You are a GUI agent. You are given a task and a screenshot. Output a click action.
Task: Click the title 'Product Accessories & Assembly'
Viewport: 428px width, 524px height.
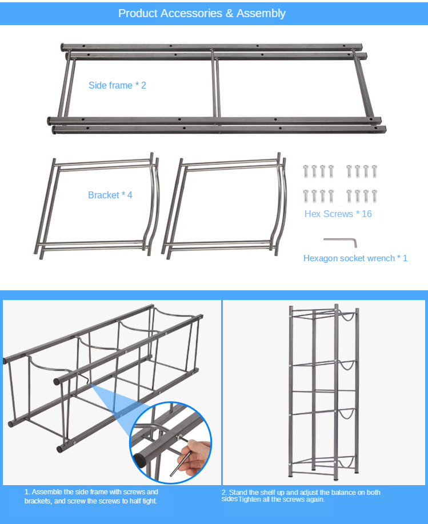202,13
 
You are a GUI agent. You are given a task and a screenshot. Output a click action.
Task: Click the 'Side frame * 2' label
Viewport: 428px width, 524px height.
117,85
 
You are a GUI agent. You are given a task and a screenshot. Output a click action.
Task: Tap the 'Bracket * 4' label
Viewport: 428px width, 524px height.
110,195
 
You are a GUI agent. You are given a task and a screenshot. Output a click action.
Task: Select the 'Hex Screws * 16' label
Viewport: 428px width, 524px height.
338,214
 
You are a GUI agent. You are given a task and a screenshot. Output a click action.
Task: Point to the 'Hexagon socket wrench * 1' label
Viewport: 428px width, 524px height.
355,258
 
